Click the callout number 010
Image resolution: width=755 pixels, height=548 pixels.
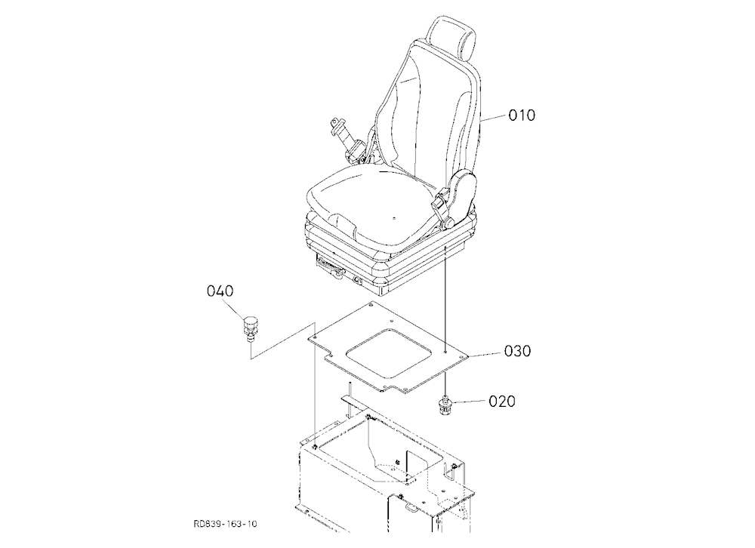pyautogui.click(x=522, y=115)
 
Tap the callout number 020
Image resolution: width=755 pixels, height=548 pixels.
pyautogui.click(x=502, y=401)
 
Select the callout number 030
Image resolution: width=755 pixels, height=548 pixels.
pyautogui.click(x=517, y=350)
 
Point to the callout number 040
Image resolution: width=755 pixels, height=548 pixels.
pyautogui.click(x=220, y=291)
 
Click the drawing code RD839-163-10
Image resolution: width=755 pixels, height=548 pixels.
pyautogui.click(x=225, y=524)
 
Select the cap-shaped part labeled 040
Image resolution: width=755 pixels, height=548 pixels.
pyautogui.click(x=249, y=328)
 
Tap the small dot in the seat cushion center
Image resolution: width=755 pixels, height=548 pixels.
pyautogui.click(x=393, y=217)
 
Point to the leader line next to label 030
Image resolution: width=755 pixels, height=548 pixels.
pyautogui.click(x=484, y=354)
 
